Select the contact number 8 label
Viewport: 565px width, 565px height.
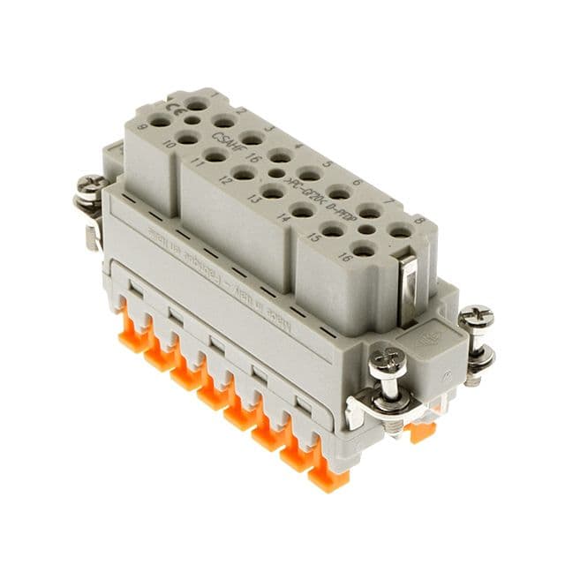(x=419, y=221)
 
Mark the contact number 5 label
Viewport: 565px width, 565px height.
(x=328, y=164)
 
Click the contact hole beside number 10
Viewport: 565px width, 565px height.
(x=186, y=138)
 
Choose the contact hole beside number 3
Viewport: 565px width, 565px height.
(x=252, y=138)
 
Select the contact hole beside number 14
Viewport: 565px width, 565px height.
(x=303, y=210)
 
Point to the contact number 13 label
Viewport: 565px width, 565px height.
(x=255, y=200)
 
